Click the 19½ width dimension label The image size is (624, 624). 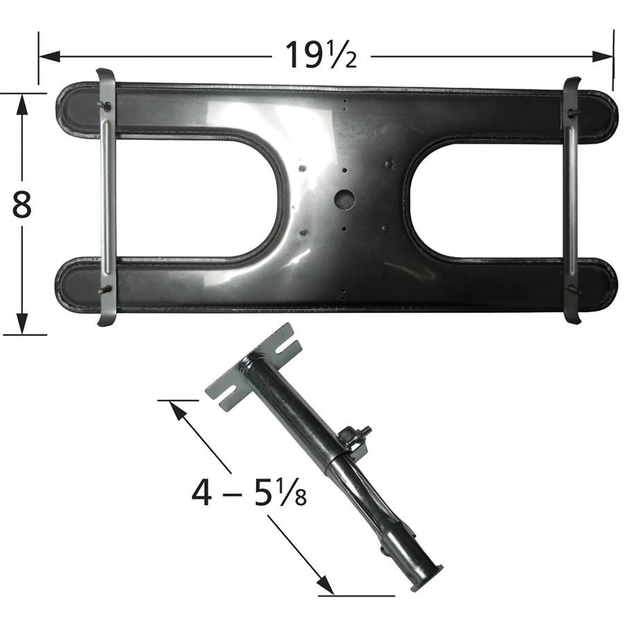[321, 55]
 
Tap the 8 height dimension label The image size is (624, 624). [21, 205]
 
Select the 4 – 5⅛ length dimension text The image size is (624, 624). [250, 492]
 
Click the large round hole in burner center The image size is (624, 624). [345, 198]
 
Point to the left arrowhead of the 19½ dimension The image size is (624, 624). [49, 57]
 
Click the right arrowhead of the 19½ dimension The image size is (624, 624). [602, 57]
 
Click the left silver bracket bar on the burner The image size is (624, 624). [106, 198]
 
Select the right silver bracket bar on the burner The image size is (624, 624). [572, 200]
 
